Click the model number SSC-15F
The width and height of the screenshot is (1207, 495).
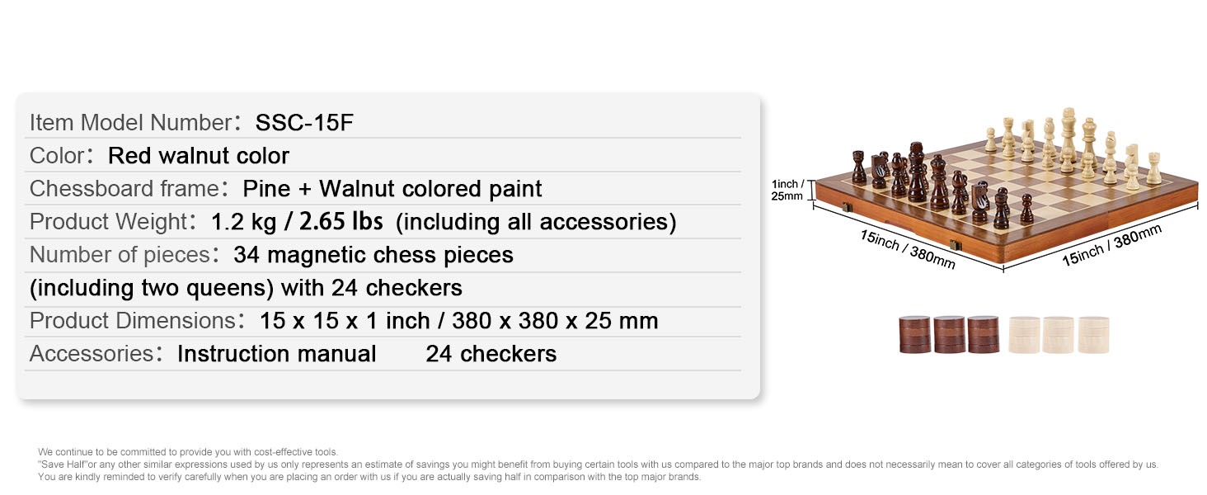(304, 123)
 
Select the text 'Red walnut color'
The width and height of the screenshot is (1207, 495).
(199, 156)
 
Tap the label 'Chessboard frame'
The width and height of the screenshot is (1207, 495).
(124, 189)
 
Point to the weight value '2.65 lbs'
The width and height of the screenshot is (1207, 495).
(341, 222)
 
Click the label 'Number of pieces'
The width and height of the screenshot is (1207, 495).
(120, 254)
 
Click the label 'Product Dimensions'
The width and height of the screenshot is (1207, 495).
(133, 321)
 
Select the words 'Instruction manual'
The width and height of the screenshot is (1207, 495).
(276, 354)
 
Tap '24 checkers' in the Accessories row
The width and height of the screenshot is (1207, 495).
(491, 354)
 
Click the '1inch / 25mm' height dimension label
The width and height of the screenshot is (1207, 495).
(787, 191)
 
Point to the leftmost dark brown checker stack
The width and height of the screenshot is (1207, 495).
(914, 335)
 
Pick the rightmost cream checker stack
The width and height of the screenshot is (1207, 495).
(1093, 335)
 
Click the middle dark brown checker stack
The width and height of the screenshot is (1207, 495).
(950, 335)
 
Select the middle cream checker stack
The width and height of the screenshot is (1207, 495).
(1058, 335)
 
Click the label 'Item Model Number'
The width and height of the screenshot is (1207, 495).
(131, 123)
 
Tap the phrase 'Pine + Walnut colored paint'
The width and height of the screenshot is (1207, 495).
(392, 189)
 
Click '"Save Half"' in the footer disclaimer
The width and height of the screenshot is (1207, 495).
(63, 464)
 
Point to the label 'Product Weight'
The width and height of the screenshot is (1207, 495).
(108, 222)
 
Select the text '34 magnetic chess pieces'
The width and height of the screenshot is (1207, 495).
(373, 255)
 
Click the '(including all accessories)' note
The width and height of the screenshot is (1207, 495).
(536, 222)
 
